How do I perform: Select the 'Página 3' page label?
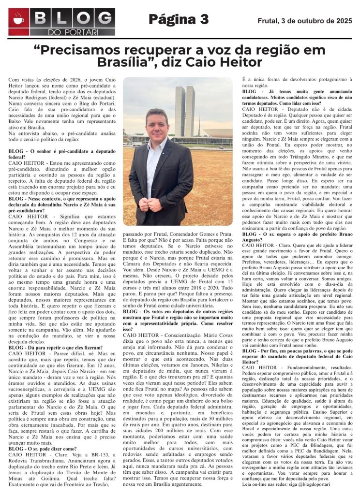(179, 19)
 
